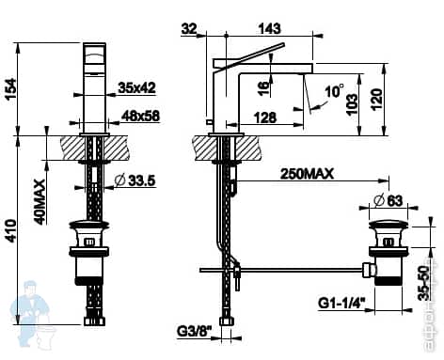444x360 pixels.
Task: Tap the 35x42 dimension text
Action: click(138, 88)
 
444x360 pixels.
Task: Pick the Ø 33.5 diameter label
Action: click(134, 180)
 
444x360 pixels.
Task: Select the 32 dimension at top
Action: click(191, 29)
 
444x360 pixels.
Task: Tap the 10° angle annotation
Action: click(334, 91)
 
